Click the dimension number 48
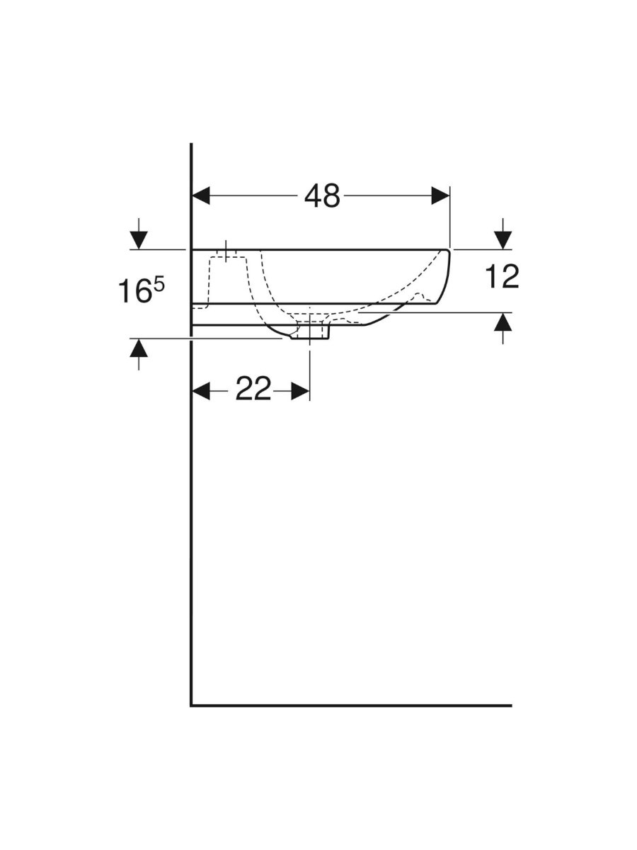pos(322,195)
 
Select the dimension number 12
pos(502,276)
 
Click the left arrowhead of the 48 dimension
pos(201,195)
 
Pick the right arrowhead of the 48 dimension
pos(440,195)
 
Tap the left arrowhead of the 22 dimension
pos(201,391)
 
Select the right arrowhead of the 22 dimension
pos(301,391)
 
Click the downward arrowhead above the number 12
pos(503,240)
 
